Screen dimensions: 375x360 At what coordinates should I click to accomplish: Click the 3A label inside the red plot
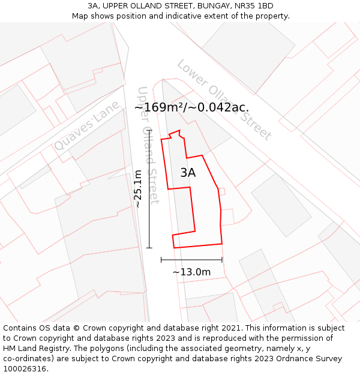188,173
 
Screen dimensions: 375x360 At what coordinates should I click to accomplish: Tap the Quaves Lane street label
86,126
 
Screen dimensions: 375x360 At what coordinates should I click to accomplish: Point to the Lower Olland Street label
224,100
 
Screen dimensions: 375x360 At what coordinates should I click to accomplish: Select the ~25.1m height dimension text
138,188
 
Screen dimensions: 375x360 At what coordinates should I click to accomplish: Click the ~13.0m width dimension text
191,272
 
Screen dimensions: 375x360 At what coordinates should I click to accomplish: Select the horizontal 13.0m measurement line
191,260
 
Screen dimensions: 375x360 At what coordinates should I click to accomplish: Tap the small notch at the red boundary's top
175,133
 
